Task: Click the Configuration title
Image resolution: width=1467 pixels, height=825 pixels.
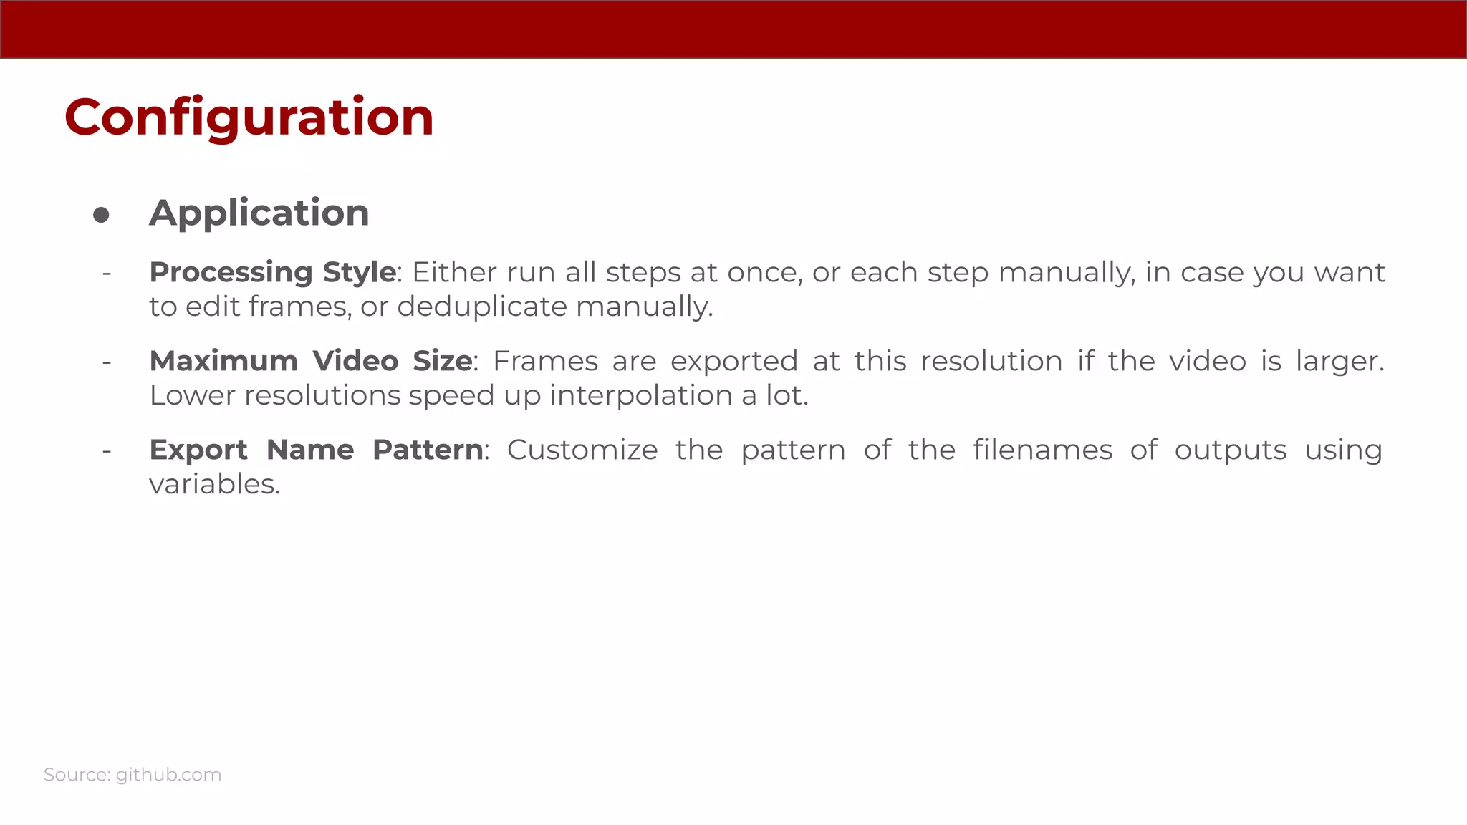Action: [249, 117]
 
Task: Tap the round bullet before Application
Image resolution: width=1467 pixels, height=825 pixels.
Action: [101, 215]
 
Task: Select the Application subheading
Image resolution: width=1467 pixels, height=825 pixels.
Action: [259, 213]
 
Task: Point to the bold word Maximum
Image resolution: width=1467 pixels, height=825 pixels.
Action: [223, 361]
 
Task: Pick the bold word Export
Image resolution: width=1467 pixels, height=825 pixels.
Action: [198, 450]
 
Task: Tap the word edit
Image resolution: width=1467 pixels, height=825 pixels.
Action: [213, 307]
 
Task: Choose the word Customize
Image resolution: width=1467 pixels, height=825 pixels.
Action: [582, 450]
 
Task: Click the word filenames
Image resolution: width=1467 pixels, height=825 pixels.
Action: [1042, 450]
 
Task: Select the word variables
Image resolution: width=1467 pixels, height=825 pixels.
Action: [214, 485]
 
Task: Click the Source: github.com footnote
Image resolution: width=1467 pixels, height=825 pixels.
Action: [133, 775]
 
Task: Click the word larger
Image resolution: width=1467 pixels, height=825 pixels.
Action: [1339, 362]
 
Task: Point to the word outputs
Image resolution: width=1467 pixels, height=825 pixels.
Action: [1230, 450]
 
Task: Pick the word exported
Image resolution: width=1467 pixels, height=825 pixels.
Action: [733, 362]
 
